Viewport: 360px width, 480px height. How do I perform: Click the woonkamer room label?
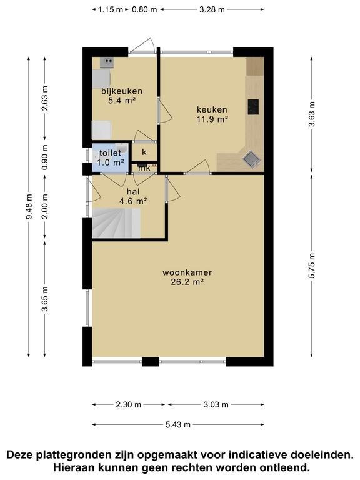(x=187, y=272)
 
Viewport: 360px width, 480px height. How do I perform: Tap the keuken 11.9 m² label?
(x=212, y=114)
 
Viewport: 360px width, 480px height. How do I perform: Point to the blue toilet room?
(x=109, y=157)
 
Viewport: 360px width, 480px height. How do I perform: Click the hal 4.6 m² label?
(x=133, y=196)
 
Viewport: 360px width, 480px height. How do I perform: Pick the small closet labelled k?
(x=144, y=151)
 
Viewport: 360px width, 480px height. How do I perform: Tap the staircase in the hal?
(x=116, y=223)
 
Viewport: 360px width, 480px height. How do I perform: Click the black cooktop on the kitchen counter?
(x=253, y=107)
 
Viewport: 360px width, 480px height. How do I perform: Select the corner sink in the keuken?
(x=252, y=159)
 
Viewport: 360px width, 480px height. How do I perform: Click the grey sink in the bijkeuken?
(x=107, y=62)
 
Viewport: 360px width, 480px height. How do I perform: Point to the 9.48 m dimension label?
(x=29, y=207)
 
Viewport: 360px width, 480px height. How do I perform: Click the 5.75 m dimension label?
(x=312, y=266)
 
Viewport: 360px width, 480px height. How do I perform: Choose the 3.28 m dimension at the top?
(x=212, y=9)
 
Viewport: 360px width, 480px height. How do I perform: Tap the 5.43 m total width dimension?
(x=178, y=424)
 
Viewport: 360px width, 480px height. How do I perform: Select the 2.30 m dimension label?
(x=129, y=405)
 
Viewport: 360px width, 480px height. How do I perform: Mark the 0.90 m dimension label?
(x=45, y=157)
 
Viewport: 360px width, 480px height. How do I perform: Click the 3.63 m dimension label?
(x=312, y=113)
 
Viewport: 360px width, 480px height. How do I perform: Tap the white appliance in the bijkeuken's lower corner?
(x=102, y=130)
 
